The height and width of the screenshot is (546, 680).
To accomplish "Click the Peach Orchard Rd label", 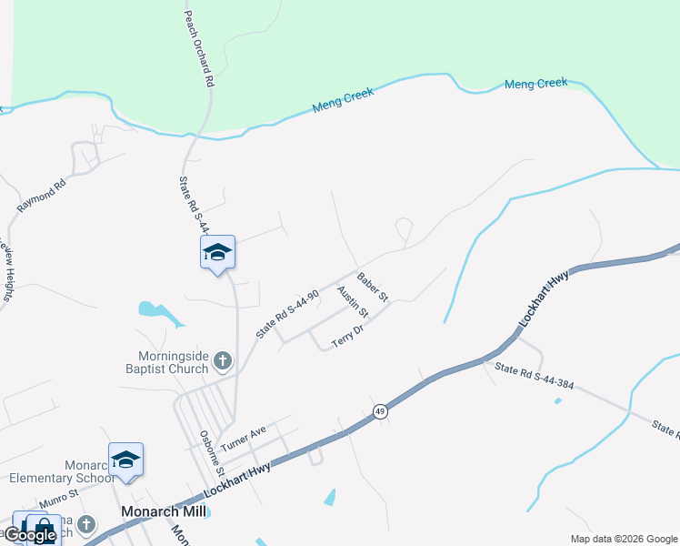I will pyautogui.click(x=199, y=49).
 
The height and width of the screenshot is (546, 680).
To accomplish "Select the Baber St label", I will pyautogui.click(x=373, y=288).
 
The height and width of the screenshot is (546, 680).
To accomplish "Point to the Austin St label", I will pyautogui.click(x=352, y=301).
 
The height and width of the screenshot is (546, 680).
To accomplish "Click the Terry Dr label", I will pyautogui.click(x=347, y=336).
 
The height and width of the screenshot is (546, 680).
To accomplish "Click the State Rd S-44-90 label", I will pyautogui.click(x=287, y=314).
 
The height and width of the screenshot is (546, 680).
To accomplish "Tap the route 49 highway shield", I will pyautogui.click(x=380, y=412).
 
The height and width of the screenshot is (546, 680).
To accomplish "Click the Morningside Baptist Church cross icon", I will pyautogui.click(x=223, y=364).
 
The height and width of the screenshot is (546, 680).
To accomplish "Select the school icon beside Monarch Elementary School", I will pyautogui.click(x=125, y=460).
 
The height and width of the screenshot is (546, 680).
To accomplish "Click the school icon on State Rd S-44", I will pyautogui.click(x=217, y=252).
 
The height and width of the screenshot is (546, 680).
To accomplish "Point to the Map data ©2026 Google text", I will pyautogui.click(x=624, y=539).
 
